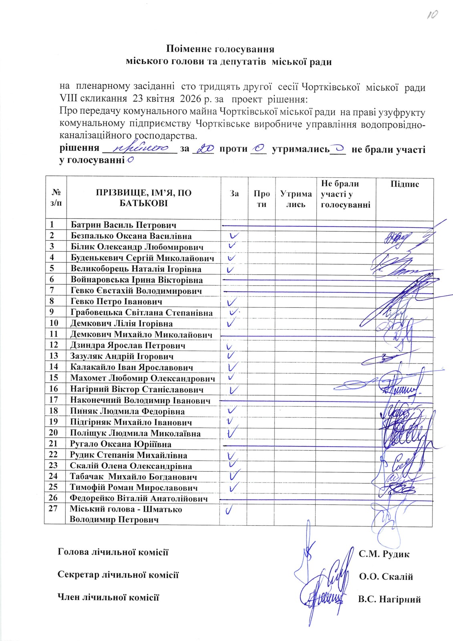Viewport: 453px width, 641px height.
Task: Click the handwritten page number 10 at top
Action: point(432,15)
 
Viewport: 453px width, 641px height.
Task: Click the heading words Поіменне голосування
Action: point(220,49)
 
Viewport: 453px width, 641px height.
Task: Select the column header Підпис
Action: point(405,184)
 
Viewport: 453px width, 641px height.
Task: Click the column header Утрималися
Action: point(296,199)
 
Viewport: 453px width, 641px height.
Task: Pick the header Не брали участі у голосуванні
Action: point(346,194)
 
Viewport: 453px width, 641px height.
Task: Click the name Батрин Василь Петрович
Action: point(123,225)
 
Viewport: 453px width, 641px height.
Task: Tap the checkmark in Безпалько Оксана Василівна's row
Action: point(234,236)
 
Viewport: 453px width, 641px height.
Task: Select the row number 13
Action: point(54,356)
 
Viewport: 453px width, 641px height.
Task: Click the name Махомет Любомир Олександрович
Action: point(142,378)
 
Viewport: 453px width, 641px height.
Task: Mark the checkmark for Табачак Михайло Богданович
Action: point(235,476)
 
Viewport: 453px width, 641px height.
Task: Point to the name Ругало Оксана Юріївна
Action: point(121,444)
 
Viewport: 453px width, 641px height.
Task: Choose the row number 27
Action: point(54,509)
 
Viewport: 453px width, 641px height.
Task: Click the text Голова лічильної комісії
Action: point(113,552)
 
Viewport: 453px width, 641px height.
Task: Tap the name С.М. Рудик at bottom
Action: point(384,554)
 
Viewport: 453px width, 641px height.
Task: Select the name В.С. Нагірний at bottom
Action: point(389,600)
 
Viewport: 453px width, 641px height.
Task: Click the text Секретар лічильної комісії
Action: point(118,575)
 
